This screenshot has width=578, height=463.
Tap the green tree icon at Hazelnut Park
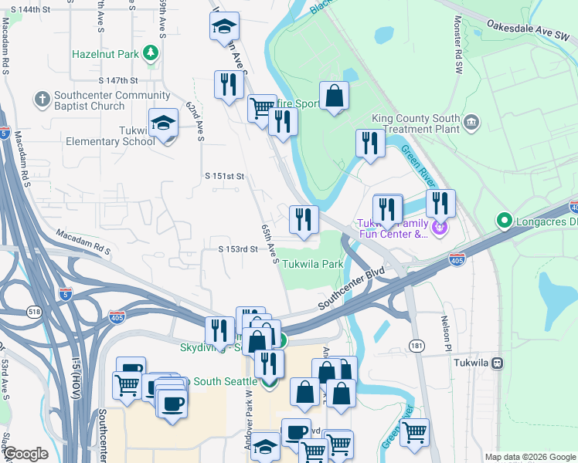coord(152,54)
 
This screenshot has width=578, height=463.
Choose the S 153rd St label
coord(237,249)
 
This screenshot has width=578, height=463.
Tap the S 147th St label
coord(117,80)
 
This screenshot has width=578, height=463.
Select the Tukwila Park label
coord(311,264)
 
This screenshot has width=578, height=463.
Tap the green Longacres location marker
coord(505,221)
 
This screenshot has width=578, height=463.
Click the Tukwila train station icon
coord(499,363)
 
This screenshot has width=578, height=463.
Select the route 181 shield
coord(416,344)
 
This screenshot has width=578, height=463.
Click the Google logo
coord(26,454)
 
